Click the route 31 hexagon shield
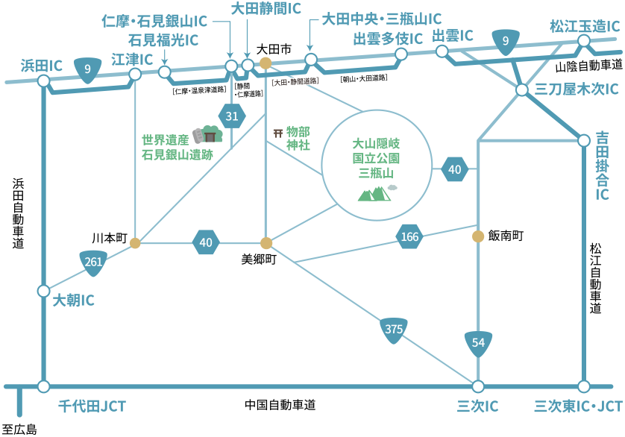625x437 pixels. pos(232,116)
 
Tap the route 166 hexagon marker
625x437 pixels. pos(409,237)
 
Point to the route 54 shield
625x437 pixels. pos(478,342)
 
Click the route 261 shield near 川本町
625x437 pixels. pos(93,262)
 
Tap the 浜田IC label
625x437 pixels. pos(42,67)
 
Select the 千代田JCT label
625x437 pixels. pos(92,406)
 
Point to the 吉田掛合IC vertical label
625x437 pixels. pos(602,166)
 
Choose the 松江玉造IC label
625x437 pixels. pos(584,26)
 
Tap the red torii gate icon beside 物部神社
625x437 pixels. pos(278,133)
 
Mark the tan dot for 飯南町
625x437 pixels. pos(477,236)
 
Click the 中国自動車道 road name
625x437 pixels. pos(280,405)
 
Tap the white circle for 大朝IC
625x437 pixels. pos(43,290)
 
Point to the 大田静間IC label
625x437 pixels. pos(266,10)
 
